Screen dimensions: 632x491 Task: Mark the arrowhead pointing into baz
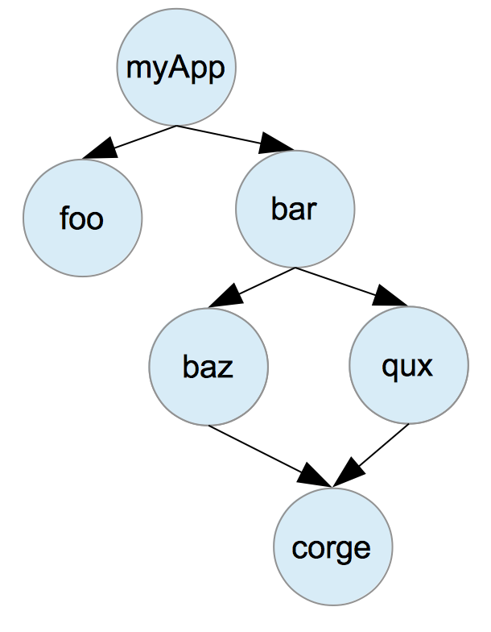click(221, 297)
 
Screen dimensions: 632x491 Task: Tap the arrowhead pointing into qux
click(393, 297)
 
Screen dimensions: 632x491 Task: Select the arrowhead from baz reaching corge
click(316, 477)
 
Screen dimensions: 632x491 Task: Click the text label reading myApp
click(176, 68)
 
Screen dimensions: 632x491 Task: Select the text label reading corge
click(332, 548)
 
